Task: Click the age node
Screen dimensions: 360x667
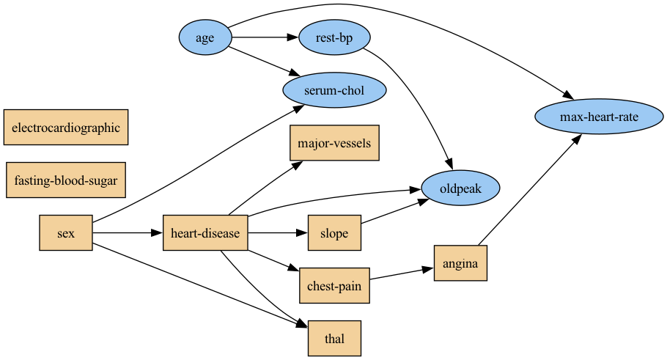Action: tap(205, 37)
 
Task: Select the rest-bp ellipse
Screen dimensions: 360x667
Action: tap(335, 37)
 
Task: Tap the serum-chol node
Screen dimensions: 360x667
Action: tap(334, 91)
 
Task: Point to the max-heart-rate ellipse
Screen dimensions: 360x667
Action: tap(600, 117)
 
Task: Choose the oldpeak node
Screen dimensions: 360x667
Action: tap(460, 188)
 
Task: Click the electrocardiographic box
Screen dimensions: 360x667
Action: tap(66, 128)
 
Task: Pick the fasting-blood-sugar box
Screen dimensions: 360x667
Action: tap(66, 180)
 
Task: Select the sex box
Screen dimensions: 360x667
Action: tap(66, 234)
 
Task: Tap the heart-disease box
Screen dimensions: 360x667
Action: tap(205, 234)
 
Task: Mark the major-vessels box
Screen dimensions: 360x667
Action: tap(334, 143)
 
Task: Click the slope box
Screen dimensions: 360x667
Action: tap(334, 234)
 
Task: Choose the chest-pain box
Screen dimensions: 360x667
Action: tap(334, 286)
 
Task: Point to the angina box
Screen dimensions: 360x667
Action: tap(460, 263)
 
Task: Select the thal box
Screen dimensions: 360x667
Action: tap(334, 339)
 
